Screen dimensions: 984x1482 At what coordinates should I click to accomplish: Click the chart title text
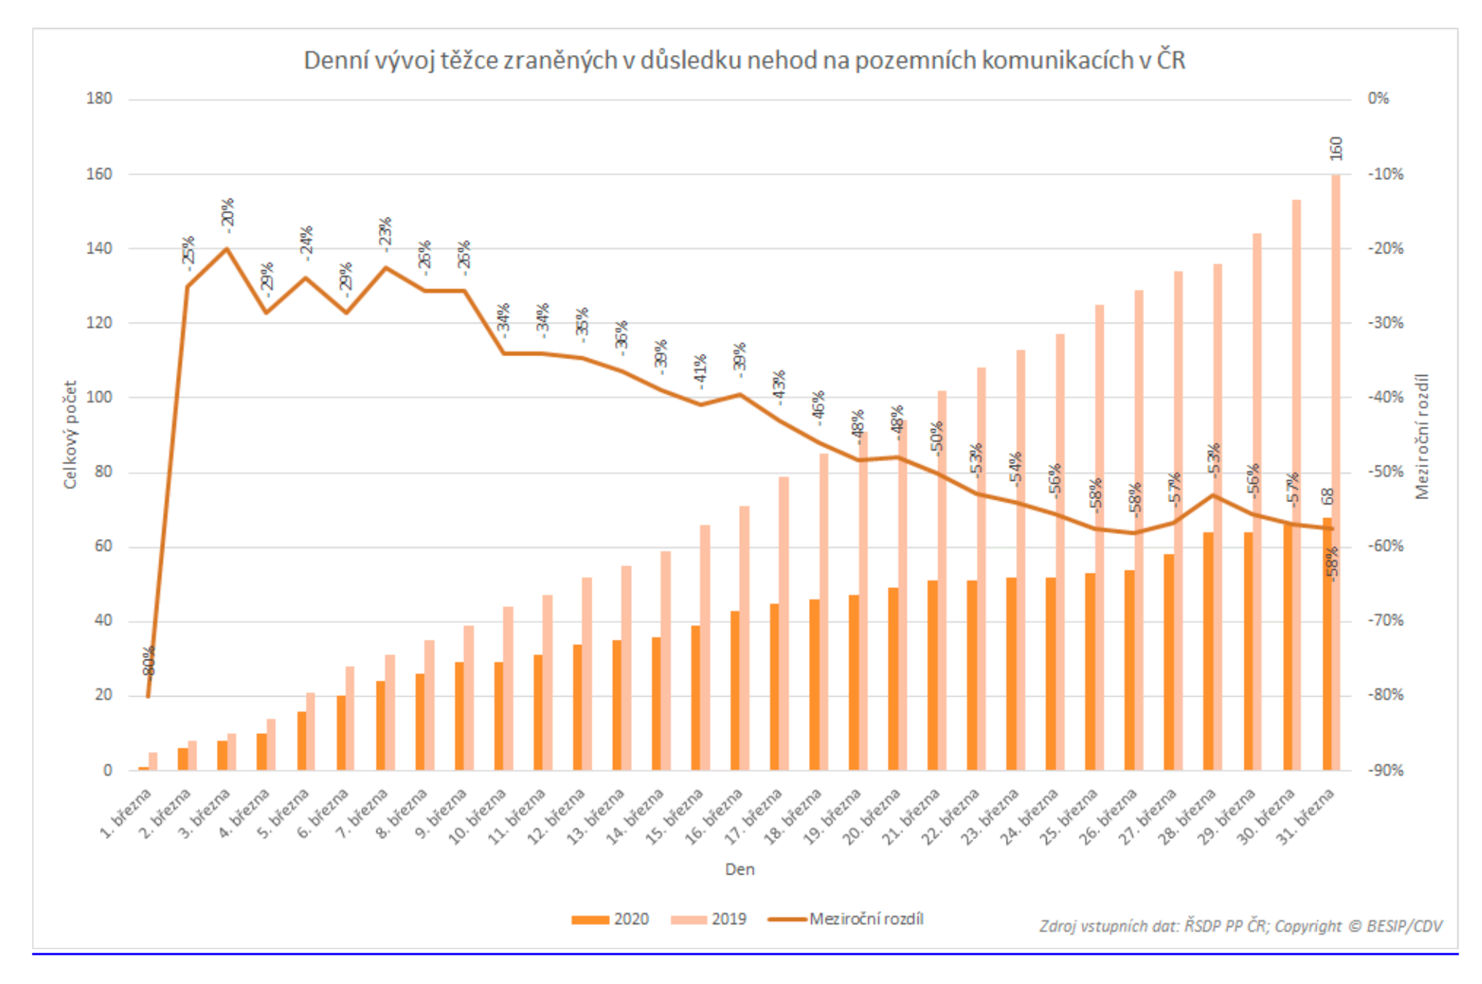coord(744,61)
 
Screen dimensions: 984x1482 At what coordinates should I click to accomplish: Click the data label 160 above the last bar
coord(1335,149)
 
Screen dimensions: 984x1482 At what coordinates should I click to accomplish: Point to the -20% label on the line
coord(227,213)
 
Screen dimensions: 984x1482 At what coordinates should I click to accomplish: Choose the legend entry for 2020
coord(610,919)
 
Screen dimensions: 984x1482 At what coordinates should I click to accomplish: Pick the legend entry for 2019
coord(709,919)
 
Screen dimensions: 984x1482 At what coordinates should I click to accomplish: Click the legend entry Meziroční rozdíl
coord(847,919)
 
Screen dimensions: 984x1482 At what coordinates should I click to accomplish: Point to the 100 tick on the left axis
coord(99,397)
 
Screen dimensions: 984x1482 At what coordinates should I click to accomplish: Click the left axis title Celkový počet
coord(70,435)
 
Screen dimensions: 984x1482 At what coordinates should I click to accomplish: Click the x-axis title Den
coord(739,870)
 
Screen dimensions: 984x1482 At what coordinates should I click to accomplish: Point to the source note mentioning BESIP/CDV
coord(1240,927)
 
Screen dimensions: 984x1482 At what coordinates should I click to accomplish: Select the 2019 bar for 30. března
coord(1296,483)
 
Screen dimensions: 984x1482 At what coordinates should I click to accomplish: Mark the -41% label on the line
coord(700,370)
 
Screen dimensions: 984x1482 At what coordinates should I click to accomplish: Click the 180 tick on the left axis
coord(99,99)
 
